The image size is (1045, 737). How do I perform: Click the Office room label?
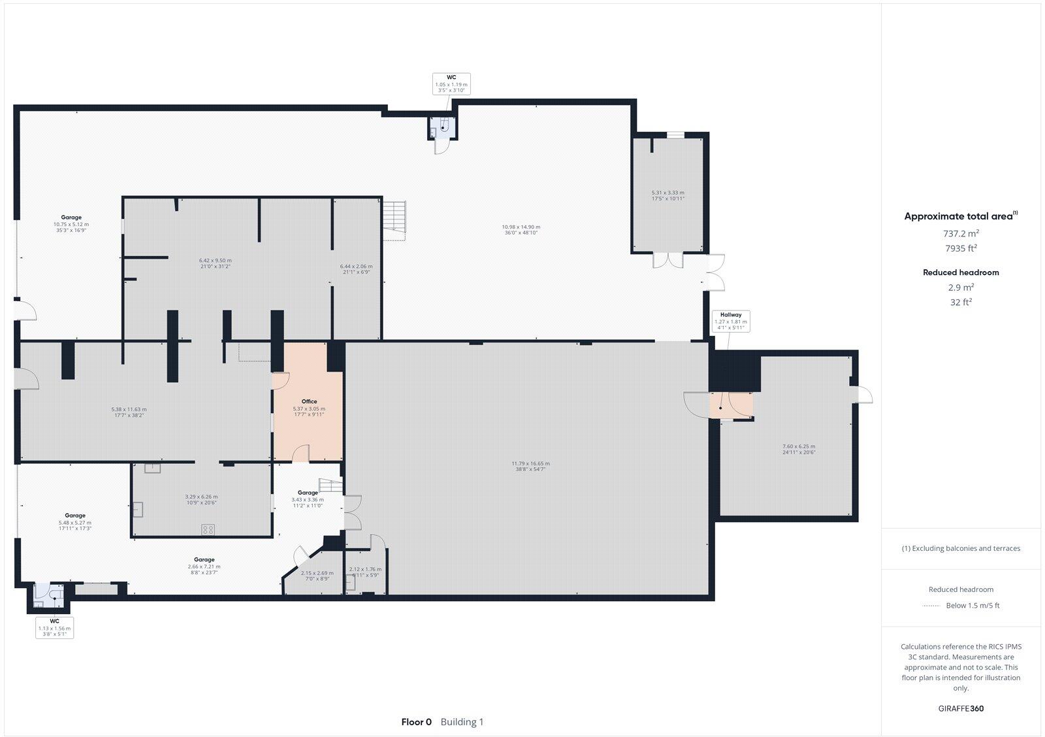[309, 402]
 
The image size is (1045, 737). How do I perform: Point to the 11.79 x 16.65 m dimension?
[530, 463]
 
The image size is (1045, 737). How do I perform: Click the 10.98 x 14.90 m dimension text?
[520, 227]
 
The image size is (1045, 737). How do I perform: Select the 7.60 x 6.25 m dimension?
[799, 446]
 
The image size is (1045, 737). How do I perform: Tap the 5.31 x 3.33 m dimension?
[667, 193]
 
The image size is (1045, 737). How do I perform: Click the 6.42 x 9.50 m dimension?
[215, 260]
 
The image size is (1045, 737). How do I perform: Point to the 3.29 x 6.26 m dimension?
[201, 497]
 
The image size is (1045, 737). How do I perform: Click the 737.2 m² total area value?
[960, 233]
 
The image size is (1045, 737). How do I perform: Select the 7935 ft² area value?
[960, 248]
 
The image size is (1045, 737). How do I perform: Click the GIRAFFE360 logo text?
[960, 708]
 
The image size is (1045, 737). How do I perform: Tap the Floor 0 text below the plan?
[416, 722]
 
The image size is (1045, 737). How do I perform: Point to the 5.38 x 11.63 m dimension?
[129, 409]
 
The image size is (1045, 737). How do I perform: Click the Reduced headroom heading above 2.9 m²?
[960, 272]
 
